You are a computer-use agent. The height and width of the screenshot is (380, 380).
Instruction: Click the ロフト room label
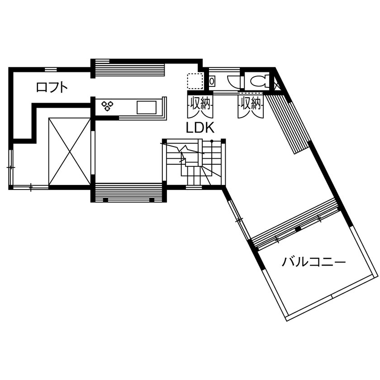tap(52, 87)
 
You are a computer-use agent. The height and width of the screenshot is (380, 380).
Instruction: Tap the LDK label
tap(199, 128)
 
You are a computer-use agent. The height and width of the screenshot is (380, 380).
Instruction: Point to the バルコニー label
tap(314, 262)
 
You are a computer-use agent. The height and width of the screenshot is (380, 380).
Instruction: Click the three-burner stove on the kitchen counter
tap(107, 106)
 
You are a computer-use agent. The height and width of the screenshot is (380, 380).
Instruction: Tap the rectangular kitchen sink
tap(147, 108)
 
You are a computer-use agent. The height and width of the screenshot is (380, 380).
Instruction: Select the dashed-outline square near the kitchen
tap(195, 81)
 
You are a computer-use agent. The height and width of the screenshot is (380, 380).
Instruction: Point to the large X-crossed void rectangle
tap(69, 151)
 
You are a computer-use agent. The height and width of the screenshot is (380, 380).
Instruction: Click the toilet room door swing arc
tap(233, 80)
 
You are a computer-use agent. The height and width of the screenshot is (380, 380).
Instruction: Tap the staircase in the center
tap(194, 162)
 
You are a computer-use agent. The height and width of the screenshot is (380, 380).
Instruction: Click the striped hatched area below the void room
tap(128, 191)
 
